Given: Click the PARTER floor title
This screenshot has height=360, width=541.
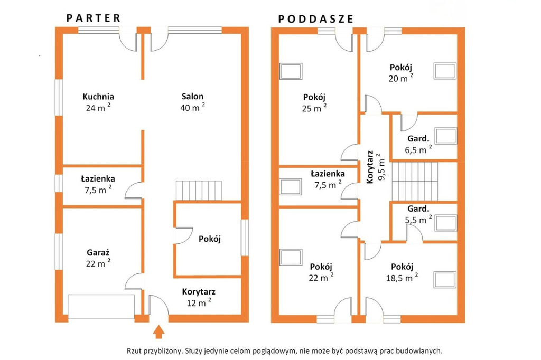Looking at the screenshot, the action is (93, 18).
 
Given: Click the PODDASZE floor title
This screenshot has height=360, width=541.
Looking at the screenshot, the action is (316, 19).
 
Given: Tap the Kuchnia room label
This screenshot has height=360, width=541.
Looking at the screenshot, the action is (98, 97).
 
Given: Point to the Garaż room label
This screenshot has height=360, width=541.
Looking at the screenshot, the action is (98, 253).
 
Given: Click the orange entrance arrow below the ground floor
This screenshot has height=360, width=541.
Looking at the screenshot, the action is (158, 331).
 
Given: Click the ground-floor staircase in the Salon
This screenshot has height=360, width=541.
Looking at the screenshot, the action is (199, 190).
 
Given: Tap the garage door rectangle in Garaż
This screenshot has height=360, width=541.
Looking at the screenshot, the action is (101, 307).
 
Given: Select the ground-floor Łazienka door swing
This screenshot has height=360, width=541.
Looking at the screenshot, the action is (134, 190).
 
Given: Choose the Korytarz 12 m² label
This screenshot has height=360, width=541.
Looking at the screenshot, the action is (199, 297).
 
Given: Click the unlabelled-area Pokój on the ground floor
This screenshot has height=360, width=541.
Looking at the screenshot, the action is (209, 239).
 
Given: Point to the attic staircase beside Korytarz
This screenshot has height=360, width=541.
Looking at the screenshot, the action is (415, 181).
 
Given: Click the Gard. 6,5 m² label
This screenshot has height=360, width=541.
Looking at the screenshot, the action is (418, 144).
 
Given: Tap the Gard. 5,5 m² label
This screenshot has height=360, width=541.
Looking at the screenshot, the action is (418, 214).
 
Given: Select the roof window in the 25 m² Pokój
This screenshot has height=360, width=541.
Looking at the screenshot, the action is (291, 71).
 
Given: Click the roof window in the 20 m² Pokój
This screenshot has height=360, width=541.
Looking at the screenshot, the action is (445, 71).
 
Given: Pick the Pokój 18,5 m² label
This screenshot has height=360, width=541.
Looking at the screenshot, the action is (402, 272).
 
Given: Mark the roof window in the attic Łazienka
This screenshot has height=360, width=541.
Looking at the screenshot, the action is (291, 186).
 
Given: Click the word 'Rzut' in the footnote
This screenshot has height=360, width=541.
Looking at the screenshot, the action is (134, 351).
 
